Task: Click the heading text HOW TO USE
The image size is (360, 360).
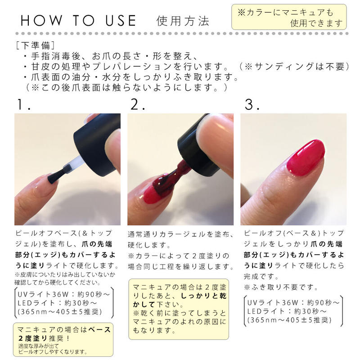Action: [x=78, y=21]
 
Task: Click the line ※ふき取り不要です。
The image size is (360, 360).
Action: [x=281, y=287]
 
